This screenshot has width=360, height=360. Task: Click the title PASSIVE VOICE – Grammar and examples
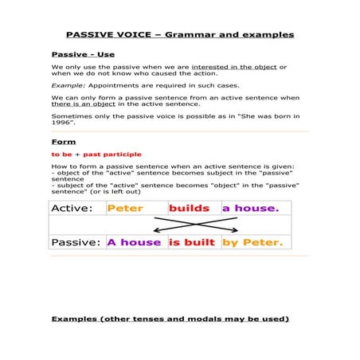pyautogui.click(x=179, y=34)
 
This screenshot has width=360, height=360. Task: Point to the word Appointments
pyautogui.click(x=115, y=84)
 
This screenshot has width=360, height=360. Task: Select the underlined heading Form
pyautogui.click(x=64, y=142)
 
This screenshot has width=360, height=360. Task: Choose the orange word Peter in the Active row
pyautogui.click(x=125, y=209)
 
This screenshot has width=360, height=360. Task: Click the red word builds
pyautogui.click(x=189, y=209)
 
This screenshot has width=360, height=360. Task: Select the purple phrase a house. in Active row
pyautogui.click(x=250, y=209)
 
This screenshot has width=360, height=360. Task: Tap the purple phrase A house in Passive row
pyautogui.click(x=134, y=242)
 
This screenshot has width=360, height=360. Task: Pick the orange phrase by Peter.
pyautogui.click(x=252, y=242)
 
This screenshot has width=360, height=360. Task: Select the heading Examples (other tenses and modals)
pyautogui.click(x=170, y=319)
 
